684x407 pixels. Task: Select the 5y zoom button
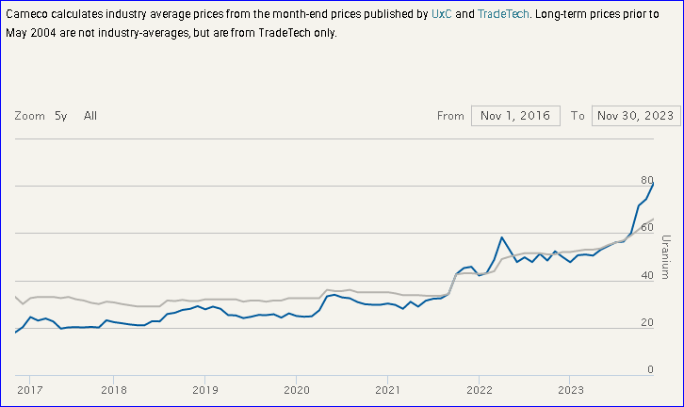click(x=60, y=116)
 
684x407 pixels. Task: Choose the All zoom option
click(x=90, y=116)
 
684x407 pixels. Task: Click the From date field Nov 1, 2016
click(x=515, y=116)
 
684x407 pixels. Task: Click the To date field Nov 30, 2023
click(x=635, y=116)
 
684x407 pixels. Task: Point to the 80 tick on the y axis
click(x=646, y=180)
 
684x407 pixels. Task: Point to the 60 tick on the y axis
click(x=646, y=227)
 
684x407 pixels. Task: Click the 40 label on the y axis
click(x=646, y=275)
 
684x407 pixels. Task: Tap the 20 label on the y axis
click(x=646, y=322)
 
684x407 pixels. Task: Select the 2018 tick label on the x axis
click(x=113, y=389)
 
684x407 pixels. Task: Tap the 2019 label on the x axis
click(x=205, y=389)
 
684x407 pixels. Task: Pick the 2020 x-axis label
click(x=297, y=389)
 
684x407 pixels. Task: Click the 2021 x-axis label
click(x=388, y=389)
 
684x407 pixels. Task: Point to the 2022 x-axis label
click(x=480, y=389)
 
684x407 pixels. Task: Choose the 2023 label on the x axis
click(x=571, y=389)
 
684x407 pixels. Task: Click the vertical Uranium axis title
click(x=665, y=256)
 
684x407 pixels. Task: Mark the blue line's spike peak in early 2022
click(x=502, y=237)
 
